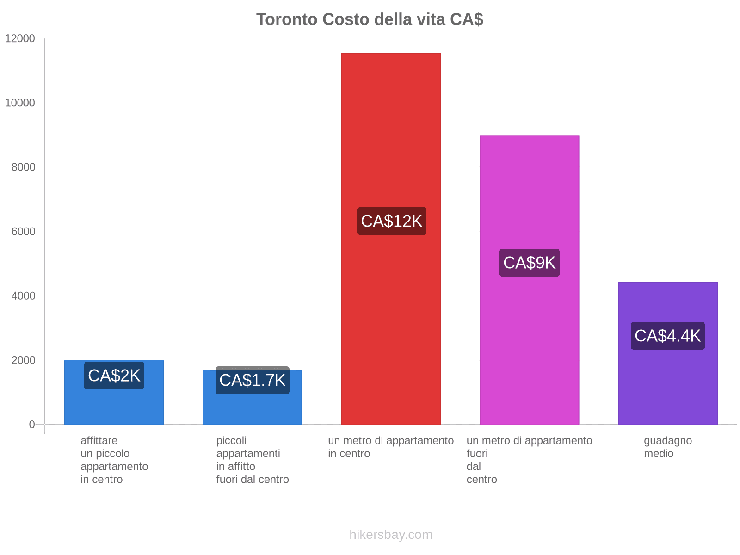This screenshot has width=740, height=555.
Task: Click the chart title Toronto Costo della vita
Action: coord(370,19)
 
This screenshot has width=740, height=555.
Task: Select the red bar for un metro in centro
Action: coord(390,139)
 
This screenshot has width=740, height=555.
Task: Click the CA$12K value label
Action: coord(391,221)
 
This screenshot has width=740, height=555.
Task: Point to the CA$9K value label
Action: coord(529,263)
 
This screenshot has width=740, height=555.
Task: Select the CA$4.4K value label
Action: coord(667,336)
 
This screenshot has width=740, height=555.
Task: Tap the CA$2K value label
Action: coord(114,376)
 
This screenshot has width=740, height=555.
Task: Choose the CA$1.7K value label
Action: coord(252,380)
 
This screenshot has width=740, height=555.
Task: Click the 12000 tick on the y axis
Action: coord(20,38)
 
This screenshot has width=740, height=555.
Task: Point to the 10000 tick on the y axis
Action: coord(20,103)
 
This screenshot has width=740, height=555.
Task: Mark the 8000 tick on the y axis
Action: coord(23,167)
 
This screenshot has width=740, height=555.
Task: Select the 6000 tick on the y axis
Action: coord(23,231)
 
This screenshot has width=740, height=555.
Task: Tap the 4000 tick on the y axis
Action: coord(23,296)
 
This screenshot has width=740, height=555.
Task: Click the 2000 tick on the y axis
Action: coord(23,360)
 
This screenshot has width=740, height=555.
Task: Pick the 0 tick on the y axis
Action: coord(32,424)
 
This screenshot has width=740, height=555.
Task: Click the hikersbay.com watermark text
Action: coord(391,535)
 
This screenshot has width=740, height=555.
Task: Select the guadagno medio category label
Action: coord(667,447)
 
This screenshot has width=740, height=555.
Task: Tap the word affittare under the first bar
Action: coord(99,440)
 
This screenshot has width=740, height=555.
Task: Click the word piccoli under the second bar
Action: coord(231,440)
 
